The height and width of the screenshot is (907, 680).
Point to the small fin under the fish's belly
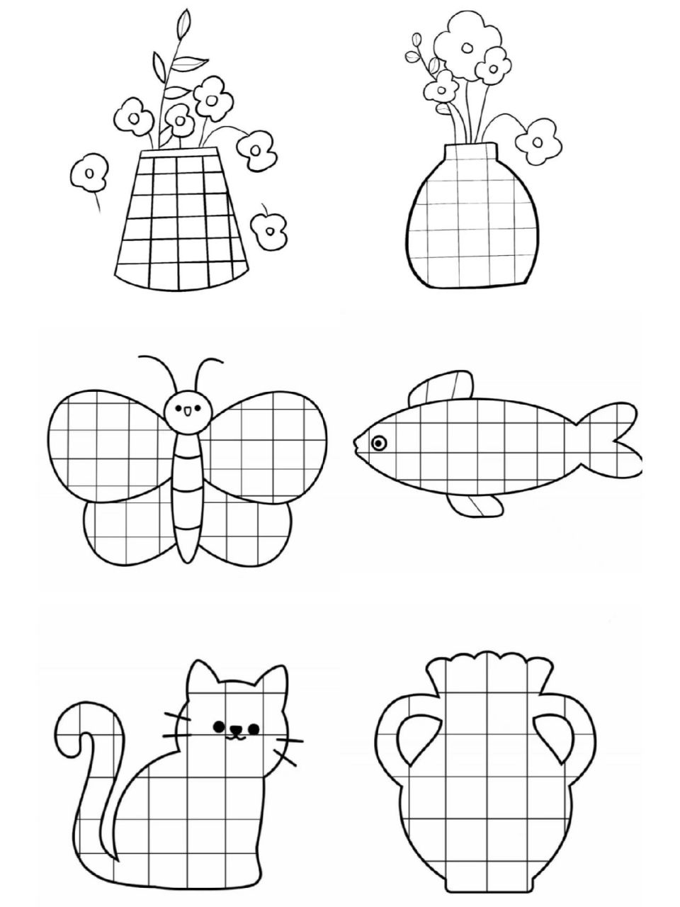pyautogui.click(x=478, y=505)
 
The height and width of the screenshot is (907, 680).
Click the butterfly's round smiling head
pyautogui.click(x=188, y=409)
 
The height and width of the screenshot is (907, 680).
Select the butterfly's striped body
pyautogui.click(x=188, y=496)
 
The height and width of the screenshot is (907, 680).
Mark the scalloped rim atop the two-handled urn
pyautogui.click(x=487, y=670)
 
